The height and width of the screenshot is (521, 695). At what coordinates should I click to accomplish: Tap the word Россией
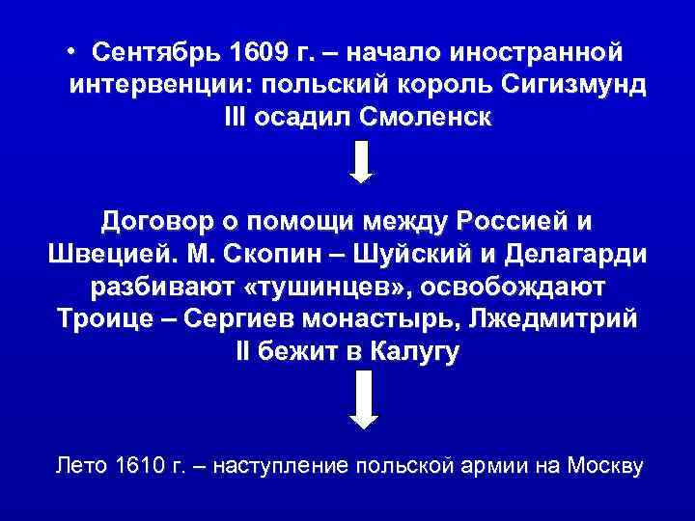514,221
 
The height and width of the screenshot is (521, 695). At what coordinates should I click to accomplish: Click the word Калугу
415,353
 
